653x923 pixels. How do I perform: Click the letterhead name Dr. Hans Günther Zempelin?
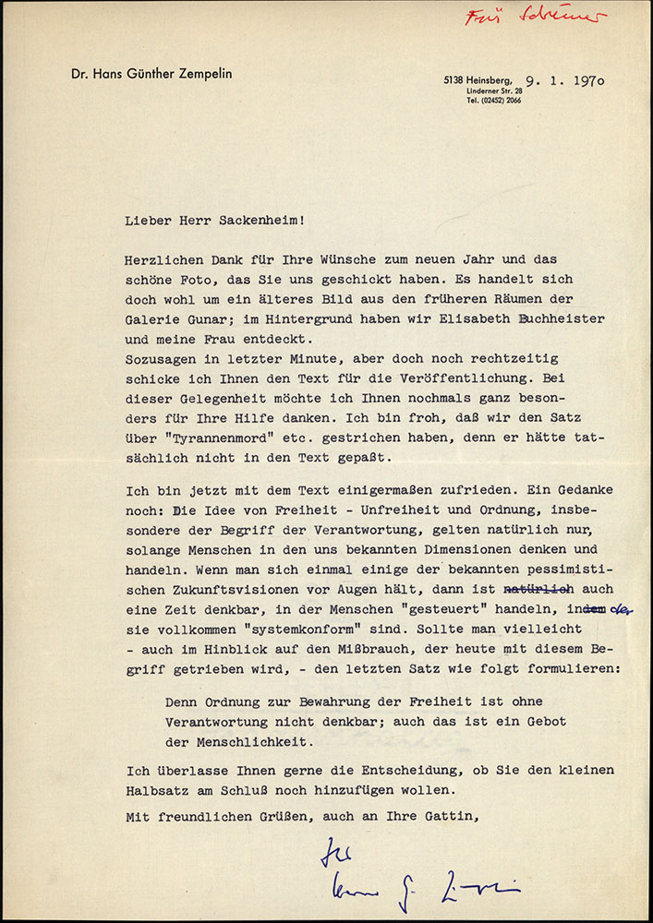coord(151,74)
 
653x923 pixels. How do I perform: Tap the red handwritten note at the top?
coord(536,17)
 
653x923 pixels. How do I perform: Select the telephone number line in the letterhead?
coord(494,101)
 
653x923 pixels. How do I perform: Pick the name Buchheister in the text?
coord(561,318)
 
